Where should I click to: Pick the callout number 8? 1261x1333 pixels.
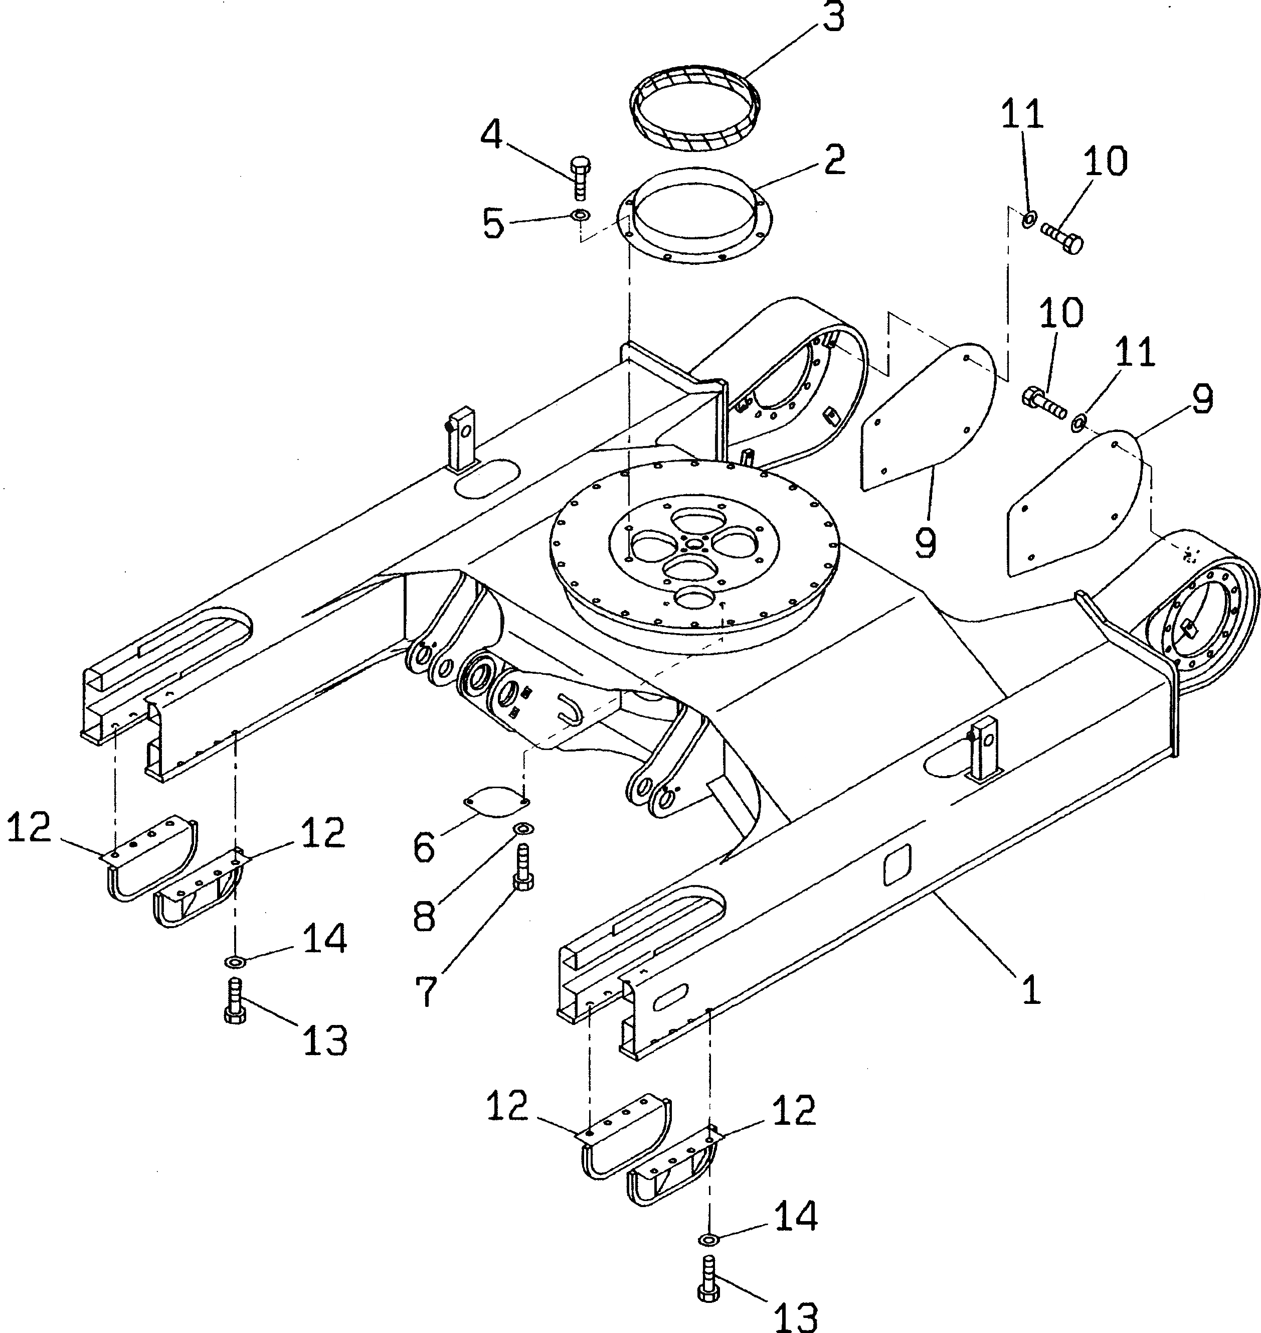click(x=425, y=916)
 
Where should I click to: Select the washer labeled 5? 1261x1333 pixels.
click(x=580, y=216)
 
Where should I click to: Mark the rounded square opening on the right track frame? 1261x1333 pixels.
click(x=896, y=865)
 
